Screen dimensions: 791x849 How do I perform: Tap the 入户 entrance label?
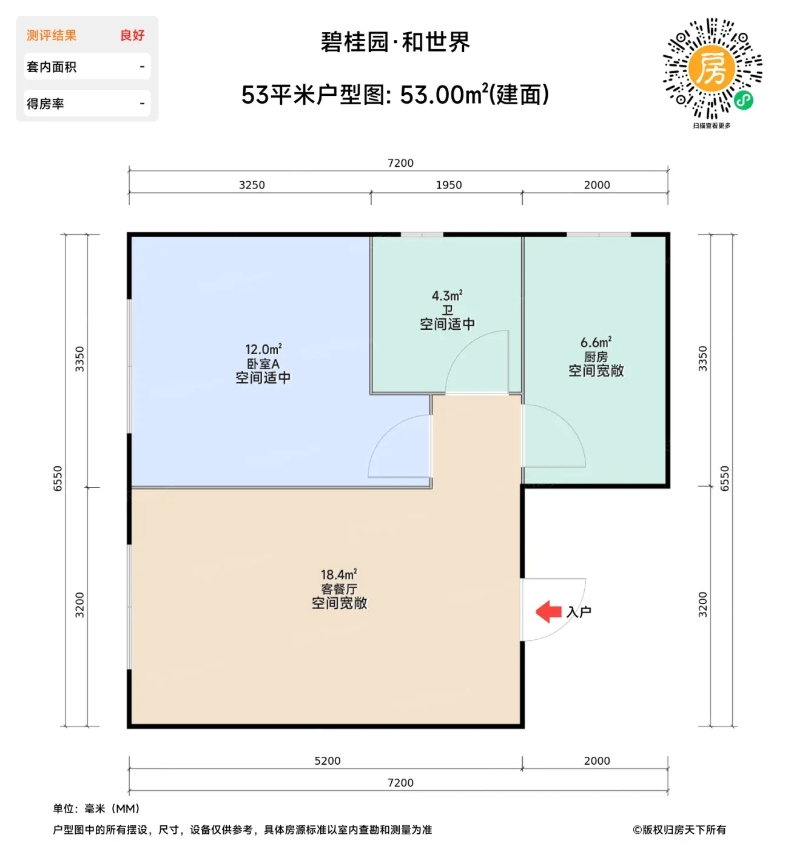click(578, 612)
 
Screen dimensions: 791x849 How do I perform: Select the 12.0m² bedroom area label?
click(263, 349)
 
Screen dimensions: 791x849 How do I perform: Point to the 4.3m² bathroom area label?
click(446, 295)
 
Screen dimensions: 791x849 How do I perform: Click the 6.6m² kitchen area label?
click(596, 342)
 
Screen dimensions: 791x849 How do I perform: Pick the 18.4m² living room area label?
click(339, 574)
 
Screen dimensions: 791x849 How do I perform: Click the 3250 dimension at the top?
click(252, 185)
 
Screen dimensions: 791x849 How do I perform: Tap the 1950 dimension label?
click(449, 185)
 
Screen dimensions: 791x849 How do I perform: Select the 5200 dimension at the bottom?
click(328, 760)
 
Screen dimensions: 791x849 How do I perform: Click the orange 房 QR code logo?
click(712, 69)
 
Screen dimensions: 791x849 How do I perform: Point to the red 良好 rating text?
click(132, 35)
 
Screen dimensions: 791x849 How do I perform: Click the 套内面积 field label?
click(52, 67)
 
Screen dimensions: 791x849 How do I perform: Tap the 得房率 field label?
click(45, 104)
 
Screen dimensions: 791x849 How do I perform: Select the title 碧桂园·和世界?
click(395, 42)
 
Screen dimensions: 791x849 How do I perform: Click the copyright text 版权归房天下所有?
click(684, 830)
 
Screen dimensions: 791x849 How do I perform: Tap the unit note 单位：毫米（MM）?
click(96, 808)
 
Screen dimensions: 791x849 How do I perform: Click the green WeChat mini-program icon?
click(744, 101)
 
